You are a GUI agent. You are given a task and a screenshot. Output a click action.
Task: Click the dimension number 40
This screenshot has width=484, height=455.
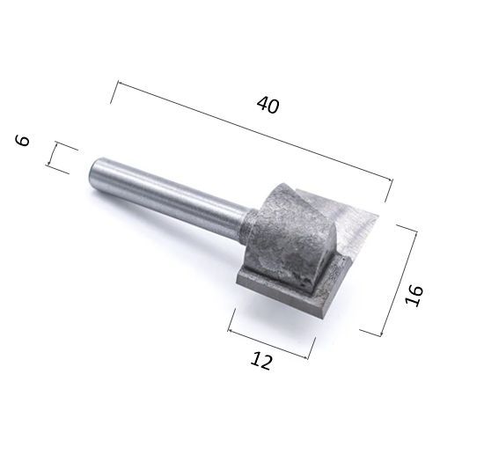(268, 105)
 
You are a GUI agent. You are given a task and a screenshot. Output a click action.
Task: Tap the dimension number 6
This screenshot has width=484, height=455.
(22, 141)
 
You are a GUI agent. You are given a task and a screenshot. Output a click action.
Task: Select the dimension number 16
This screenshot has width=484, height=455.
(414, 296)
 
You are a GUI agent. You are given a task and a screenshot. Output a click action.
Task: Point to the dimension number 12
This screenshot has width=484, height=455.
(261, 361)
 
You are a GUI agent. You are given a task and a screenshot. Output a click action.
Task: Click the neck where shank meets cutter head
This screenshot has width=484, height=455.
(247, 225)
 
